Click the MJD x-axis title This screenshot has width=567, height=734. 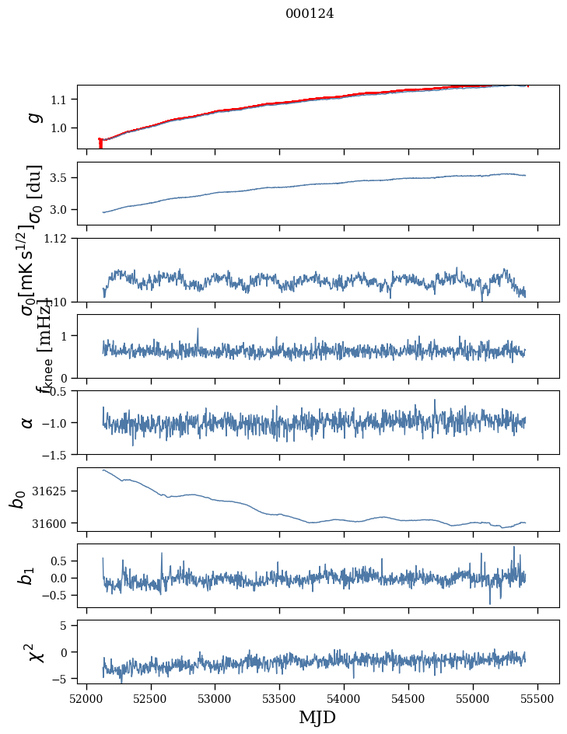[317, 717]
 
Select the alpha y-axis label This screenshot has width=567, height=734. [28, 422]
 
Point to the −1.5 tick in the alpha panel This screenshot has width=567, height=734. [57, 454]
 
